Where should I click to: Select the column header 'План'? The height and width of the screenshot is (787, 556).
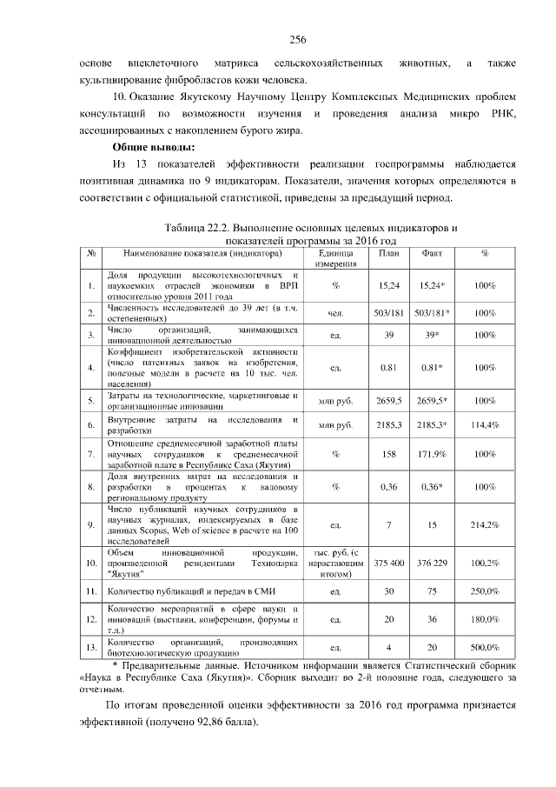(389, 254)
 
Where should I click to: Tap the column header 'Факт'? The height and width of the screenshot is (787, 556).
(432, 254)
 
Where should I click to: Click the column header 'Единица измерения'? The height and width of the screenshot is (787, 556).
(334, 258)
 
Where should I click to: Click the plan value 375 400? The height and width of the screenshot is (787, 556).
(389, 564)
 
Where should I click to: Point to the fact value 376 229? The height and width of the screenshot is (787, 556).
(432, 564)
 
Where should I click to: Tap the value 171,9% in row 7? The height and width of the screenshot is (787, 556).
(432, 454)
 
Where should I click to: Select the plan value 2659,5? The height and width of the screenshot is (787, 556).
(389, 401)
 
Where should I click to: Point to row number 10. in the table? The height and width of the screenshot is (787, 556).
(91, 564)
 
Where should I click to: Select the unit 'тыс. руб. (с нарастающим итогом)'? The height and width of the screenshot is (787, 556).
(334, 564)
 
